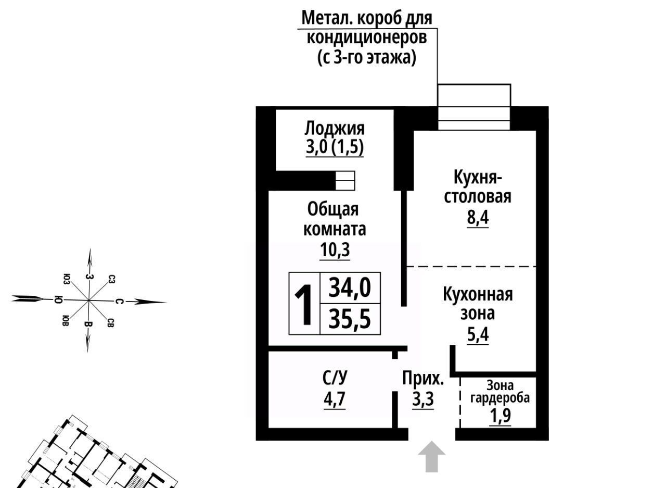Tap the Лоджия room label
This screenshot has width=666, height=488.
tap(335, 129)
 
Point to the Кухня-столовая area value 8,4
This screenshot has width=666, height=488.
tap(478, 218)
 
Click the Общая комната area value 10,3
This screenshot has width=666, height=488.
tap(335, 249)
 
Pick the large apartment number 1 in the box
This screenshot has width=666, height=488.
tap(304, 305)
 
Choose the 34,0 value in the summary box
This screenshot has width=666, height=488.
tap(350, 287)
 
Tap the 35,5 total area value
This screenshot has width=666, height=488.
tap(350, 319)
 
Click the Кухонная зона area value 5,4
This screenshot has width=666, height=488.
tap(478, 335)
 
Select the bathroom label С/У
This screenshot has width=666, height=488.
tap(335, 378)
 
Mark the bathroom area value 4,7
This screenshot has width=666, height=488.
tap(335, 399)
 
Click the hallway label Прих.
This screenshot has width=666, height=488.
tap(423, 379)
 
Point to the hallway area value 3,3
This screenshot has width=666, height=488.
tap(423, 399)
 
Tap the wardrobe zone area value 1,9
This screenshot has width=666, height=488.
tap(501, 416)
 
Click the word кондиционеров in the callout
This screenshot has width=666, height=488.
tap(367, 38)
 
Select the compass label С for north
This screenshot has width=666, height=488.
tap(119, 302)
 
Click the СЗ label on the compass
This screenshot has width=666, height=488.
tap(111, 279)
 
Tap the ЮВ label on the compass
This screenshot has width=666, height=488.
tap(66, 320)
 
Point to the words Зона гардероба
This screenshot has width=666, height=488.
tap(500, 392)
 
